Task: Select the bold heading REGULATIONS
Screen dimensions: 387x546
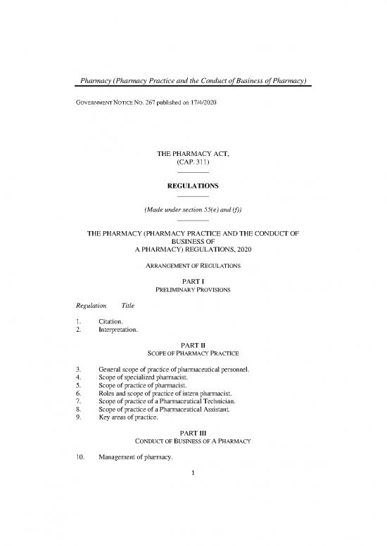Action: pyautogui.click(x=193, y=186)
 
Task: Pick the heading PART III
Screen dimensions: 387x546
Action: pyautogui.click(x=193, y=438)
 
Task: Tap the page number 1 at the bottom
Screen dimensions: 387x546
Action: pyautogui.click(x=193, y=483)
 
